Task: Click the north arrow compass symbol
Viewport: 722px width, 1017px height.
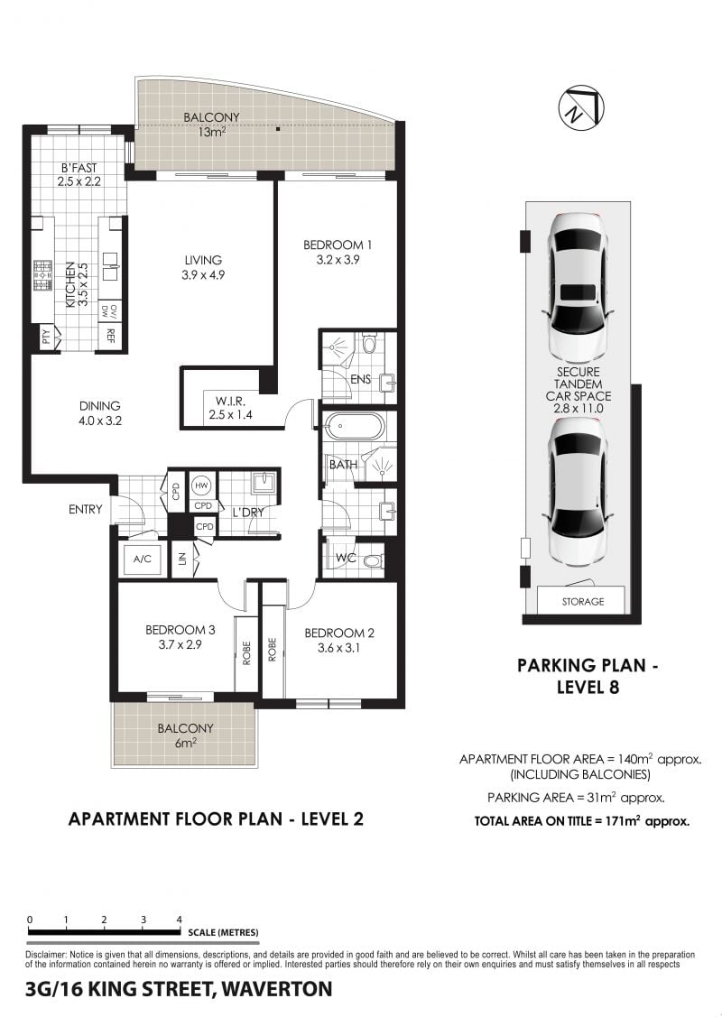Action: point(580,107)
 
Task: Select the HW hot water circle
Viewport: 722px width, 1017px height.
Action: point(201,485)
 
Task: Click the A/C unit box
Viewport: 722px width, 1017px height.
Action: point(142,558)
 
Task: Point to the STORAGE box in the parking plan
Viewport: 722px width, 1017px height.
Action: point(582,601)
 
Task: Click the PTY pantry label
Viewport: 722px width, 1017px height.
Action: point(45,337)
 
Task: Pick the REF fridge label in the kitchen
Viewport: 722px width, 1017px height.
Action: point(110,336)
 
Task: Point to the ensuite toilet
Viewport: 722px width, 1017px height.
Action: point(369,342)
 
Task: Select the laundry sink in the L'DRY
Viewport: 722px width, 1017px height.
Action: point(264,481)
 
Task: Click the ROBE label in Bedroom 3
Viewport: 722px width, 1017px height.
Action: point(246,652)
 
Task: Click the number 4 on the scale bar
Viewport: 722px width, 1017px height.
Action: point(179,919)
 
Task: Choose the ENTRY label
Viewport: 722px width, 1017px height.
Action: point(85,510)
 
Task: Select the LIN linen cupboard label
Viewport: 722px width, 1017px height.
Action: point(182,558)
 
